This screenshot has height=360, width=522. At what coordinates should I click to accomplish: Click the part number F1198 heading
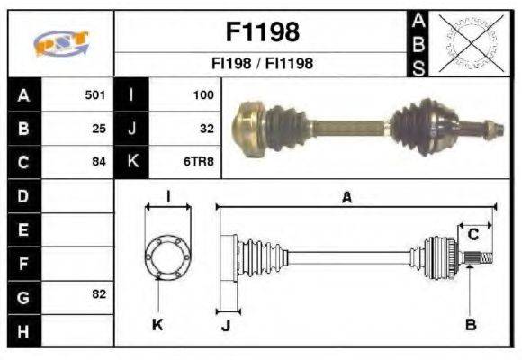[262, 32]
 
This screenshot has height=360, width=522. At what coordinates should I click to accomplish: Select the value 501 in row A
[95, 94]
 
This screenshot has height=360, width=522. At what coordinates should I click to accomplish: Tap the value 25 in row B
[99, 129]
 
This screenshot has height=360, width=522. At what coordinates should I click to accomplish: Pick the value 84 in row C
[99, 163]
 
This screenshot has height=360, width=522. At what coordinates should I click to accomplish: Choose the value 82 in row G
[99, 294]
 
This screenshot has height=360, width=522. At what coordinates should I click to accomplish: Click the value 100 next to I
[202, 94]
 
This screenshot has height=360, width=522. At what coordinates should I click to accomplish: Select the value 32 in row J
[206, 129]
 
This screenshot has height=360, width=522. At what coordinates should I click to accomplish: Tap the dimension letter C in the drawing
[472, 236]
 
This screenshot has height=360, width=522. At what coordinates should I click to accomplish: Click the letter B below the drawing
[470, 324]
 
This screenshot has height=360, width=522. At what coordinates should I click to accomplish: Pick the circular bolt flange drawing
[166, 256]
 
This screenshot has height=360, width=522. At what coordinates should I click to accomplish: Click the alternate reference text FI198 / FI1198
[262, 65]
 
